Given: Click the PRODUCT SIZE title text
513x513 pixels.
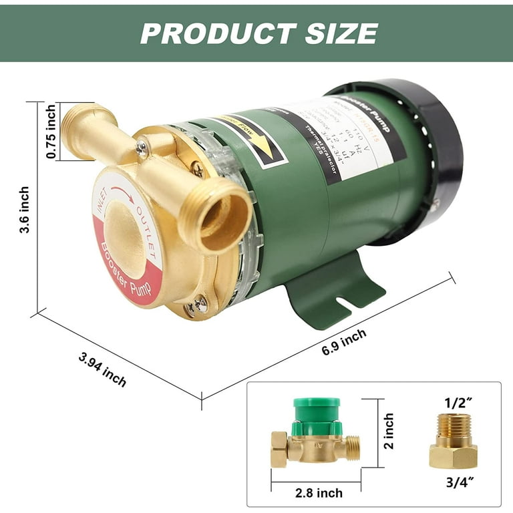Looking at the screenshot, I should (259, 33).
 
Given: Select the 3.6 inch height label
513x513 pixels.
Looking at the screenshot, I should (25, 209).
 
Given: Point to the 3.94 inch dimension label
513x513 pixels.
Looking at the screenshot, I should (102, 369).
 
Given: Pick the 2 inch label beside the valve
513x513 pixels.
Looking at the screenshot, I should (389, 431).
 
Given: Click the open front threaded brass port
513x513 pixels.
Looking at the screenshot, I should (220, 213).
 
